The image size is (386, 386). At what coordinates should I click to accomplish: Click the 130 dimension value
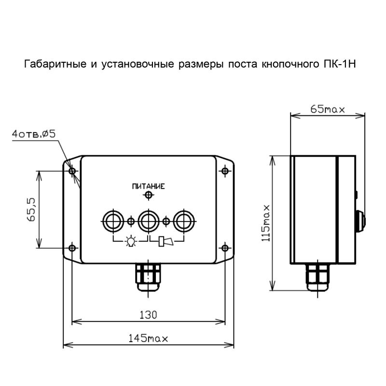(148, 315)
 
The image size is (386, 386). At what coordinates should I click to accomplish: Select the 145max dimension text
(148, 339)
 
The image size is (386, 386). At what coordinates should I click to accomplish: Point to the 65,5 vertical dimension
(31, 209)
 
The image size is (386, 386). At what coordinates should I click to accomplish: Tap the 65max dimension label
(328, 109)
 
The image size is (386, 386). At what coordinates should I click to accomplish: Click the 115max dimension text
(266, 223)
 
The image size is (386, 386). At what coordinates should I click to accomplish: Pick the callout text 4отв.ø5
(34, 134)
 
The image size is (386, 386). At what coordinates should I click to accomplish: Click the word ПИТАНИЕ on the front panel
(148, 186)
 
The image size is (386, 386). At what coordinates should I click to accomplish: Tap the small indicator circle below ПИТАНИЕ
(148, 195)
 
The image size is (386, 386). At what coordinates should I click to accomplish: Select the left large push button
(113, 221)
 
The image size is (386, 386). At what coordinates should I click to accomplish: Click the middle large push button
(149, 221)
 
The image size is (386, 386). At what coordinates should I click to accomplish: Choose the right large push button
(184, 221)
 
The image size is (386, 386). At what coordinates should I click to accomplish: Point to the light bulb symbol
(131, 240)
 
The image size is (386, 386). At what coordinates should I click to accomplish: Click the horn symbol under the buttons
(165, 242)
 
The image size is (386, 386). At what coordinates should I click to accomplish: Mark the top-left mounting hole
(72, 171)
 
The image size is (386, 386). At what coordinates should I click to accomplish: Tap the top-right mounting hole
(225, 171)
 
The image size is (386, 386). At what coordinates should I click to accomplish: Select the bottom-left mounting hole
(72, 248)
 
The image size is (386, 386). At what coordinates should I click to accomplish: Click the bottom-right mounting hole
(225, 248)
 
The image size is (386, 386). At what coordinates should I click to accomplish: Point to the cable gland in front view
(148, 277)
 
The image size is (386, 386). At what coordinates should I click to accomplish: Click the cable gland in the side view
(317, 277)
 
